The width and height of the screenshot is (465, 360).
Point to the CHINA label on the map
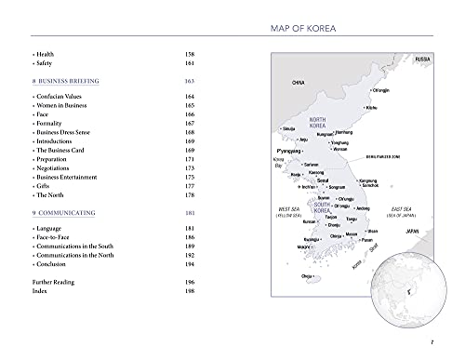tap(299, 83)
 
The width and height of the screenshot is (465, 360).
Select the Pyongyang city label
tap(292, 150)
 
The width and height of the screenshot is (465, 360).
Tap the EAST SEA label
tap(402, 210)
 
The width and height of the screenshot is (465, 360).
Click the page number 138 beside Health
tap(192, 55)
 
